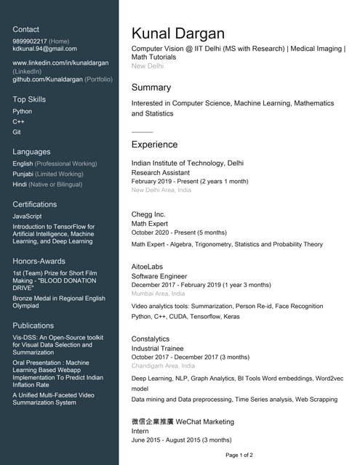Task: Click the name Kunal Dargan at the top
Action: (178, 33)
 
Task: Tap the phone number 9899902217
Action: (30, 41)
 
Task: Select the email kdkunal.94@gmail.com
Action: (44, 49)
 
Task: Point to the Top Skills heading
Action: (29, 99)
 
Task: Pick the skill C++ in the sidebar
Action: (18, 121)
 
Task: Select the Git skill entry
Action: (17, 132)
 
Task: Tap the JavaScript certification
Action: (28, 216)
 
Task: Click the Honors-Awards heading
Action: (39, 261)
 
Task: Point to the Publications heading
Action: (33, 325)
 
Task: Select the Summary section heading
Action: (151, 87)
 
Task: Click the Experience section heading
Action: (154, 145)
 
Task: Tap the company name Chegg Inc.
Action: (148, 214)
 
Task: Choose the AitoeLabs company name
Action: (148, 267)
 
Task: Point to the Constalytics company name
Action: (151, 339)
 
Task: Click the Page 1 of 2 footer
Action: (239, 455)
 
